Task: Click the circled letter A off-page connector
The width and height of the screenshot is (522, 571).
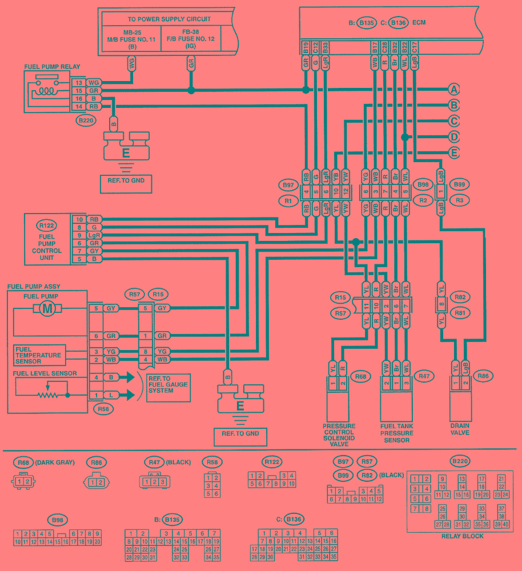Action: (454, 90)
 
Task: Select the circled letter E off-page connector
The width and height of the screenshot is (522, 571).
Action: (454, 153)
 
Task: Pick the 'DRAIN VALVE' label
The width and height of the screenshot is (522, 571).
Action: (460, 429)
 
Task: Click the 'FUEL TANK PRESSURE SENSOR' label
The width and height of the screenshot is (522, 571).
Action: (396, 433)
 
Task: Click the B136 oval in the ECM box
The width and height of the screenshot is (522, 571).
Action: (397, 23)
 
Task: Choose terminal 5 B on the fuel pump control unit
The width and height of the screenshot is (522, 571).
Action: (87, 259)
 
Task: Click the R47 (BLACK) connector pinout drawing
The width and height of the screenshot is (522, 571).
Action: (151, 481)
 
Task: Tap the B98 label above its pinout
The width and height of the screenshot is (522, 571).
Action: (57, 521)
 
